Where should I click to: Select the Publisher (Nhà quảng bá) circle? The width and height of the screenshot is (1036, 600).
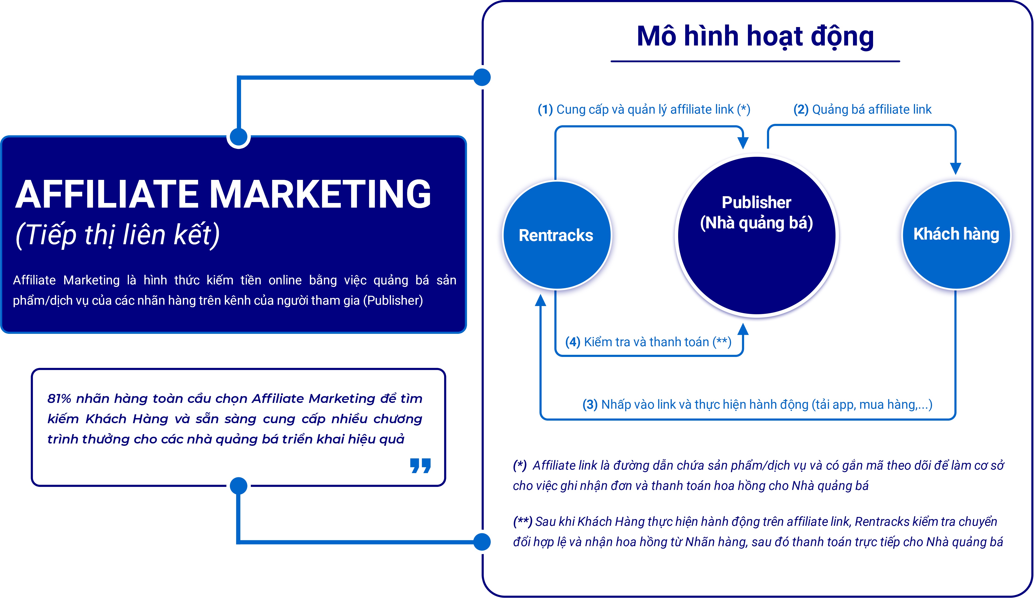757,236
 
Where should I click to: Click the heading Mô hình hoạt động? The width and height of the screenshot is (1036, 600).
755,36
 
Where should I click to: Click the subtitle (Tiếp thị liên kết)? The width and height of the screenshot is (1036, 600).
117,235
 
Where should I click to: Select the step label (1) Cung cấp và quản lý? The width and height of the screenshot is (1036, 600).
644,109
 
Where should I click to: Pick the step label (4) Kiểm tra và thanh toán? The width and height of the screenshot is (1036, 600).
648,342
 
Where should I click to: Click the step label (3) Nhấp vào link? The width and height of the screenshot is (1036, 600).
757,405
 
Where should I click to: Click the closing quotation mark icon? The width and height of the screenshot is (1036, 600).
420,466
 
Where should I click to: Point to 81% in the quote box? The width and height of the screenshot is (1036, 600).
59,398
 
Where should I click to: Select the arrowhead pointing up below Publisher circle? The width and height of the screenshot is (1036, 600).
743,329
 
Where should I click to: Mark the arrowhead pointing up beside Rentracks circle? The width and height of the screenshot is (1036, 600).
541,300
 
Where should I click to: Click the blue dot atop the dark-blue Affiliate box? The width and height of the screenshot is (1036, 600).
238,137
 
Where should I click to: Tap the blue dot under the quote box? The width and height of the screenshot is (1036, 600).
238,486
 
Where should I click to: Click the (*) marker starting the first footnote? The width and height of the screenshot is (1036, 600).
520,465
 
